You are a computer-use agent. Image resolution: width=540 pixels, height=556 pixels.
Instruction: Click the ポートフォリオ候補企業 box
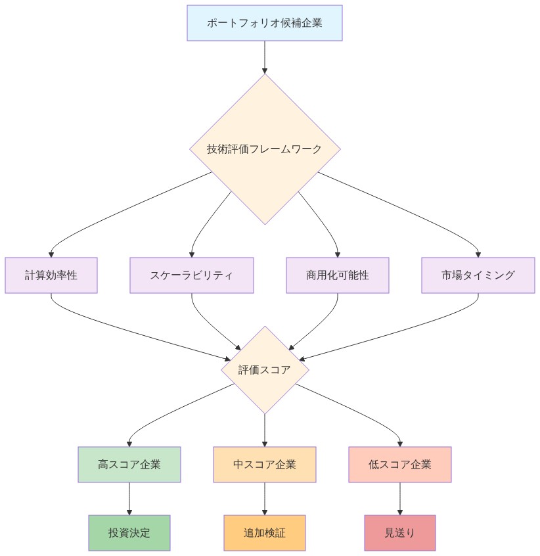(x=264, y=23)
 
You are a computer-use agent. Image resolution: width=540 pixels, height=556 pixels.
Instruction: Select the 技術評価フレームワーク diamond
(x=265, y=149)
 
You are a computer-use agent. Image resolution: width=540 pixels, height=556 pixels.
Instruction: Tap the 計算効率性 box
(x=51, y=275)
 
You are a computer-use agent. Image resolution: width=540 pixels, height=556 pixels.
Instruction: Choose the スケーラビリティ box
(x=191, y=275)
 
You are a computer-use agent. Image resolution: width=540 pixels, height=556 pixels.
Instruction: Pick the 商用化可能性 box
(x=338, y=275)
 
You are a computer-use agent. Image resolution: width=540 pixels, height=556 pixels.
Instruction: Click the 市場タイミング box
(x=478, y=275)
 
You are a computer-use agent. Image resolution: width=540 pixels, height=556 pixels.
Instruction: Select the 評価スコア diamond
(x=265, y=370)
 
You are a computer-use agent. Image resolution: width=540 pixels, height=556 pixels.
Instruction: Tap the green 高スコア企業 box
(x=129, y=465)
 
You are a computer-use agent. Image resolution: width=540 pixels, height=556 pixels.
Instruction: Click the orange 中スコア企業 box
(x=265, y=465)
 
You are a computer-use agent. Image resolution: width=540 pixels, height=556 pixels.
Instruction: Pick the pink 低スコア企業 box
(x=400, y=465)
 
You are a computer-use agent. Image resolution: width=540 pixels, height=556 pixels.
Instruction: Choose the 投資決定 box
(x=129, y=533)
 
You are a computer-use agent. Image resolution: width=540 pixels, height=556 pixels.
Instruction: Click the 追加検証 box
(x=265, y=533)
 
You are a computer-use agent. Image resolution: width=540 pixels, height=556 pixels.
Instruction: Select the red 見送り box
(x=400, y=533)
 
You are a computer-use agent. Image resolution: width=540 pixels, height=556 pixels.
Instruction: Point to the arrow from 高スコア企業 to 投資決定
(x=129, y=499)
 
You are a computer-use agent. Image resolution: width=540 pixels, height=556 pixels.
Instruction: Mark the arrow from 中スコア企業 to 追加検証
(x=265, y=499)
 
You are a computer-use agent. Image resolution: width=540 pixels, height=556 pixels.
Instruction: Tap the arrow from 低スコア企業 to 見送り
(x=400, y=499)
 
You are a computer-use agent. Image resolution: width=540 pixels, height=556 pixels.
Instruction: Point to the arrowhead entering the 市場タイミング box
(x=478, y=254)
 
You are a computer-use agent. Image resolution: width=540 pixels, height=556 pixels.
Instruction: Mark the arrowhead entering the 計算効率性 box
(x=51, y=254)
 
